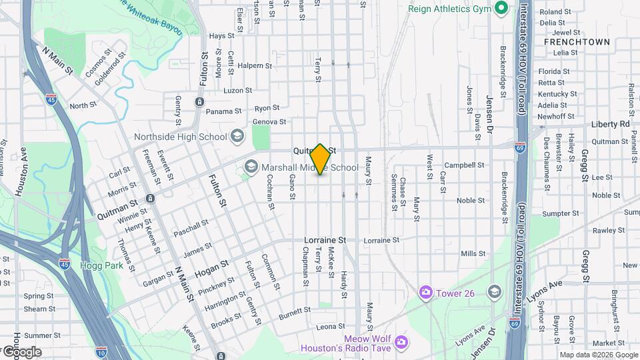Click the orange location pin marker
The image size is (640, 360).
[321, 159]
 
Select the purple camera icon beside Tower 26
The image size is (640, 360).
[425, 293]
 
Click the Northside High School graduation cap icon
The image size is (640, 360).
[237, 137]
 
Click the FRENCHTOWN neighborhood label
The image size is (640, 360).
[577, 41]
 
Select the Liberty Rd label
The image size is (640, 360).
[609, 124]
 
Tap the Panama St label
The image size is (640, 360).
[223, 111]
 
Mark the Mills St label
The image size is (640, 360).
[473, 253]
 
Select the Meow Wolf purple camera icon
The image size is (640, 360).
[401, 343]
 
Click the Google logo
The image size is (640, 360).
[21, 351]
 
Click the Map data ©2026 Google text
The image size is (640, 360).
[599, 355]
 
